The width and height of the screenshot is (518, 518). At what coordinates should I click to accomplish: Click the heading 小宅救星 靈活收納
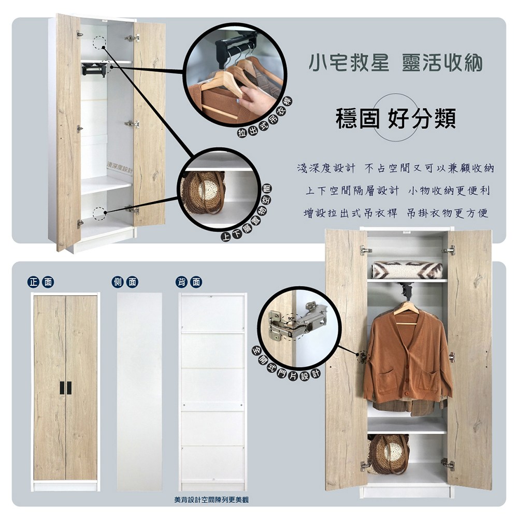[395, 63]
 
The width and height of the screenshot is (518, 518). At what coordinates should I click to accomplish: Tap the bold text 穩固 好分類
[395, 118]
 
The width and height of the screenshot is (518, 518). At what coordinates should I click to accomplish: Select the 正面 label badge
[41, 282]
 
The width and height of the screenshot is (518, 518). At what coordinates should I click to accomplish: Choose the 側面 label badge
[125, 282]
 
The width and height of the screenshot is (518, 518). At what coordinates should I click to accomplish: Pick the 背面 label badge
[189, 282]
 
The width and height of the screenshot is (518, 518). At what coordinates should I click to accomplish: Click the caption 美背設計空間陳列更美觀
[211, 500]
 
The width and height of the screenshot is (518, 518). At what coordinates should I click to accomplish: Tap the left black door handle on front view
[62, 388]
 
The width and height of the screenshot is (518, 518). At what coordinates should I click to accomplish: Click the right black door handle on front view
[69, 388]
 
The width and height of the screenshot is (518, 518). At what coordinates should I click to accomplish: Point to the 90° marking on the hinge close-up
[291, 319]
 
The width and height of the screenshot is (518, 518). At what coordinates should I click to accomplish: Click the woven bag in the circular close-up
[202, 192]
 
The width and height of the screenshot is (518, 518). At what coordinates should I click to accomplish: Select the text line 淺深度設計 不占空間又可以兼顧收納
[395, 168]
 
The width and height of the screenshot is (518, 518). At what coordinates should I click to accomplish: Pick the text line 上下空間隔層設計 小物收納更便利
[397, 191]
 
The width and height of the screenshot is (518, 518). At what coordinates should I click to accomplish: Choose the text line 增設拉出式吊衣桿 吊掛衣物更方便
[395, 213]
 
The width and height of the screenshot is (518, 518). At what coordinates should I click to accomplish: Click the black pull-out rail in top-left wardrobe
[94, 69]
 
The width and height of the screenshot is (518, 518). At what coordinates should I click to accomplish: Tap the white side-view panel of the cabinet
[139, 392]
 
